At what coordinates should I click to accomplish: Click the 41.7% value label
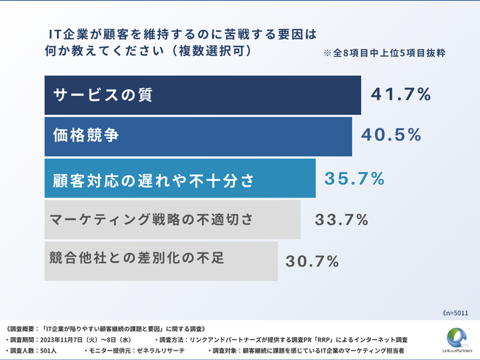[400, 94]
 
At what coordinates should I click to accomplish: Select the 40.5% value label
[391, 135]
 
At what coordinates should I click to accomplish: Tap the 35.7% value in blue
[354, 178]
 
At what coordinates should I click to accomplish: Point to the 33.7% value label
[341, 219]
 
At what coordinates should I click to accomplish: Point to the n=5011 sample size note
[456, 313]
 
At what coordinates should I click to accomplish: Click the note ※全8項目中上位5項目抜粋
[384, 54]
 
